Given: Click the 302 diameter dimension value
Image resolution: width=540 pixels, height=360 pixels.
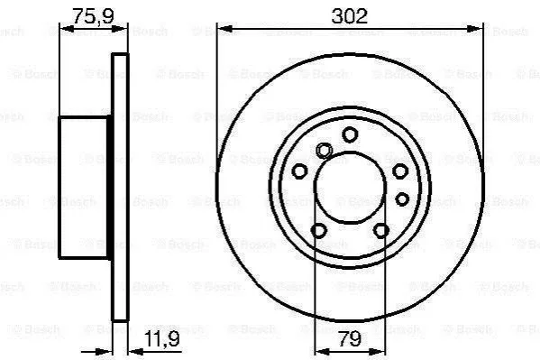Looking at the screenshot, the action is coord(349,16).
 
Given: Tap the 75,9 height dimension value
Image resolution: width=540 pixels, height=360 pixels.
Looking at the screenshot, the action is coord(93,16).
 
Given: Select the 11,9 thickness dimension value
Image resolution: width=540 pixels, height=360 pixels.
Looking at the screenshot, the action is coord(162,338).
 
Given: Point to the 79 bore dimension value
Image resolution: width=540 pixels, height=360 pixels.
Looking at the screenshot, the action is coord(350,338).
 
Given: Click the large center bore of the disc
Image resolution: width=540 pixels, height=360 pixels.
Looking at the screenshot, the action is coord(350,188).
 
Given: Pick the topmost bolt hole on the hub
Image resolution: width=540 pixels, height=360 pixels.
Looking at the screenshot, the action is coord(350,134).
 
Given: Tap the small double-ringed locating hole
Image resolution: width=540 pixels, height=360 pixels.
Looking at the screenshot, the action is coord(324,151).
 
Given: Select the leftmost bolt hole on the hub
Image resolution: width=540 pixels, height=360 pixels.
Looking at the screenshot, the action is coord(299,171).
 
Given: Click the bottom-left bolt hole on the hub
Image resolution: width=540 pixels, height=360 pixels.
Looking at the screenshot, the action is coord(318,230).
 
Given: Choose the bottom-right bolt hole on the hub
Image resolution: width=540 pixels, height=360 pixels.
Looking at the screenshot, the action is coord(381,230).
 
